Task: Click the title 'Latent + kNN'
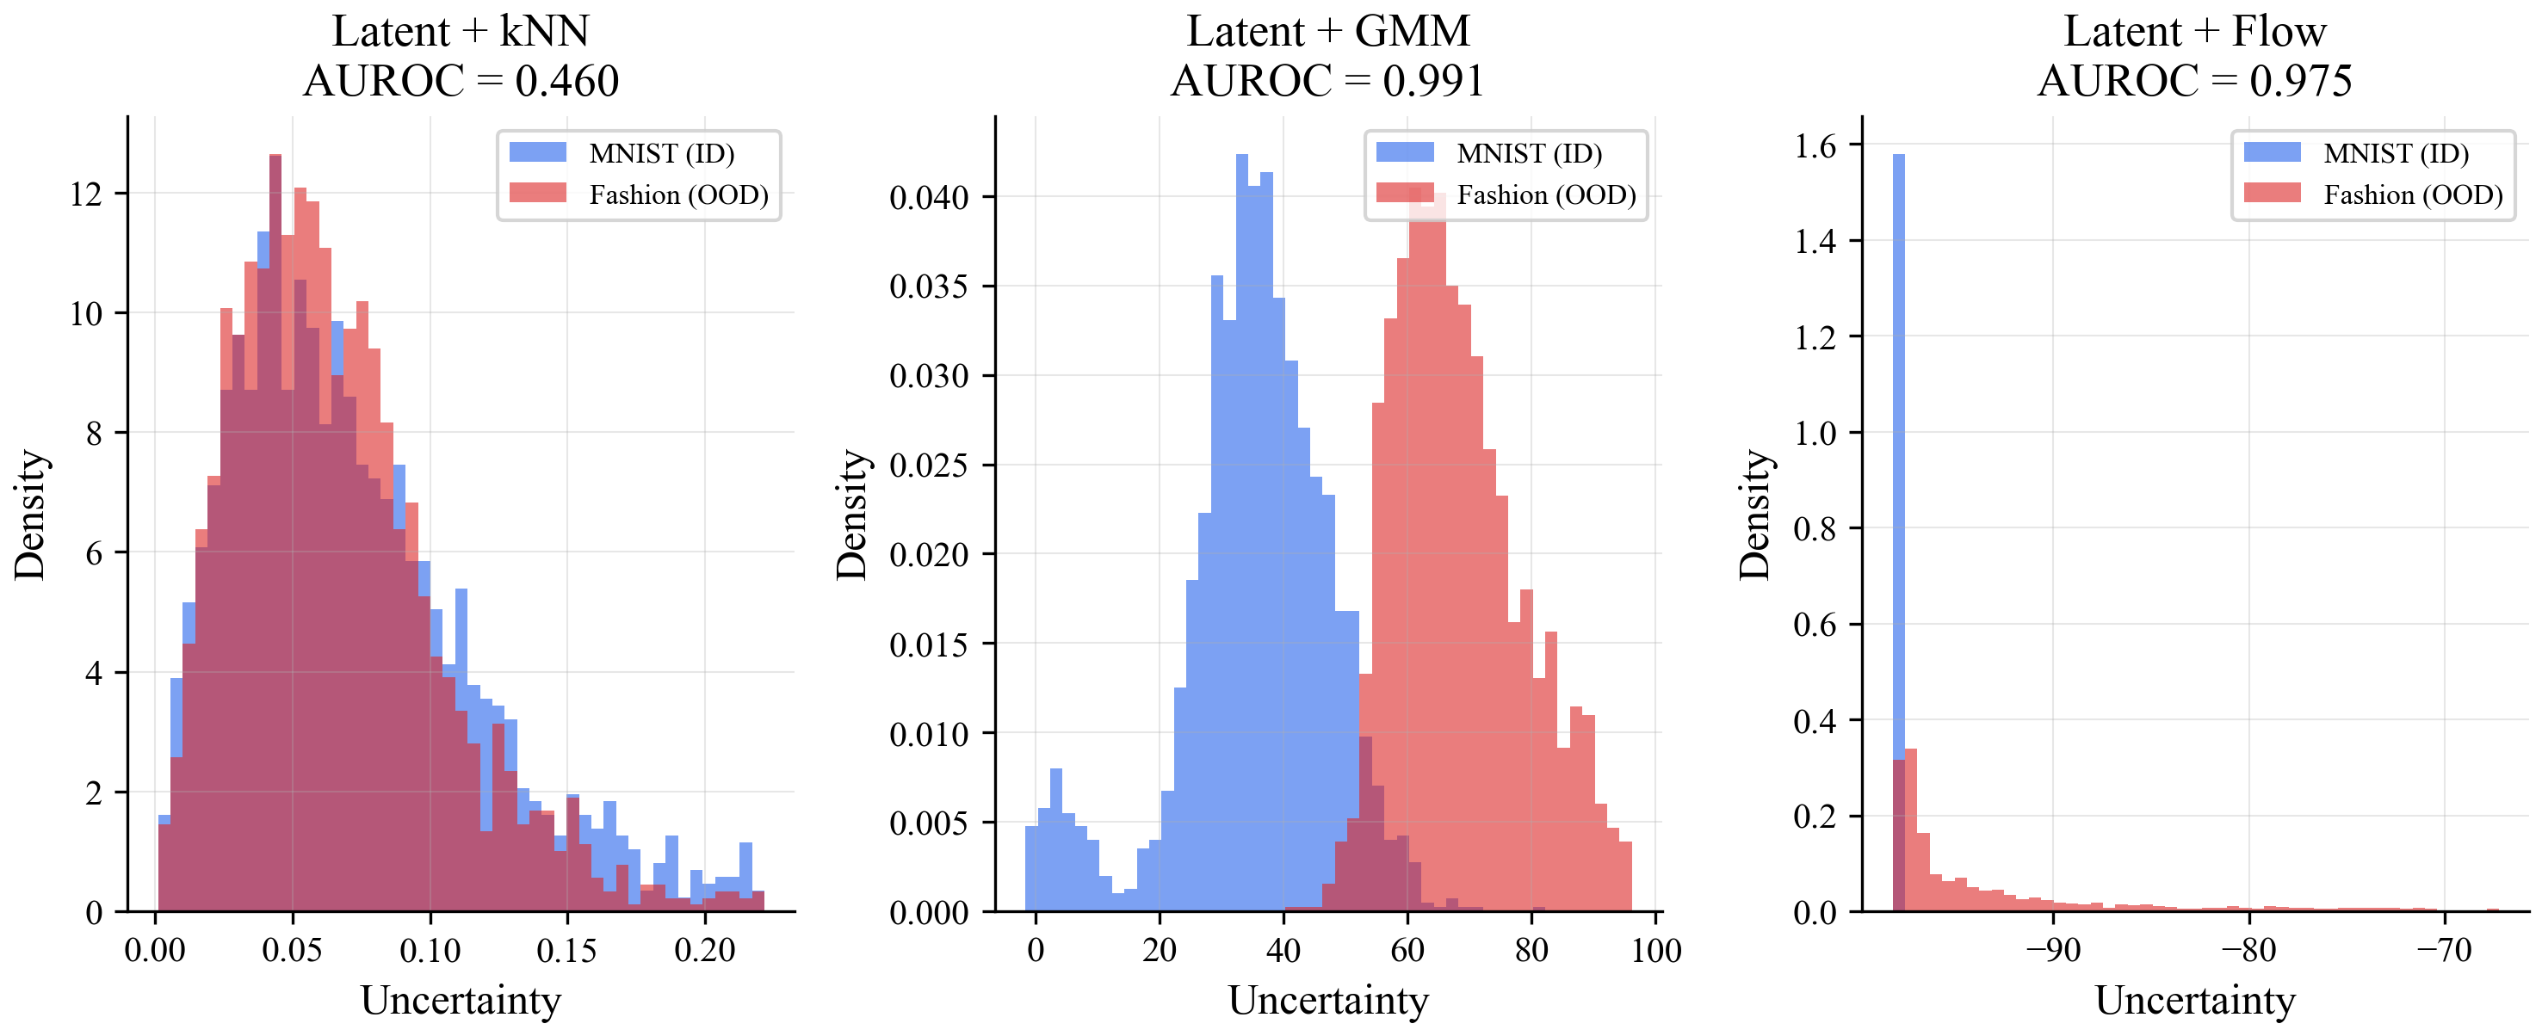click(x=460, y=32)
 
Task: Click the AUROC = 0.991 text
click(x=1327, y=81)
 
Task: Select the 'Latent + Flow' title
click(x=2194, y=32)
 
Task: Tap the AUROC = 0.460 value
click(x=460, y=81)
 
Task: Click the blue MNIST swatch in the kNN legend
click(x=537, y=153)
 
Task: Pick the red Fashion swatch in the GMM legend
click(x=1404, y=194)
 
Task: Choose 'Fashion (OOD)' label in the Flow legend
click(x=2413, y=195)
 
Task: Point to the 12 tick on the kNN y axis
click(x=87, y=194)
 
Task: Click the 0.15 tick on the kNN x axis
click(x=566, y=950)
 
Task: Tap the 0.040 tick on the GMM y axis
click(x=928, y=197)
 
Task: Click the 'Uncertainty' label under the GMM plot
click(x=1327, y=1001)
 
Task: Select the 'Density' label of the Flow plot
click(x=1754, y=515)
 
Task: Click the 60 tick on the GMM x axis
click(x=1407, y=950)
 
